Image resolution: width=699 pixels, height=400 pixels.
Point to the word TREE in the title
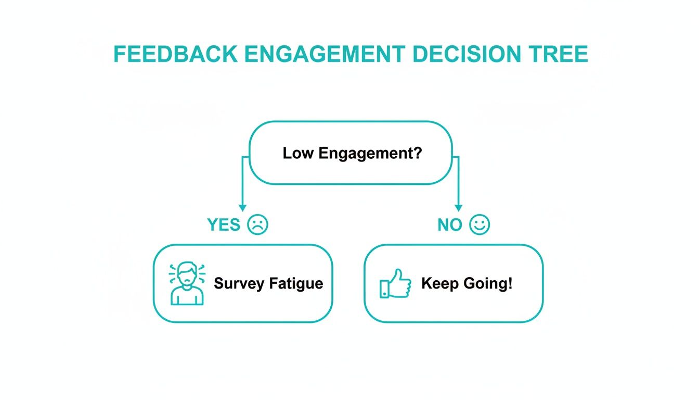pos(559,55)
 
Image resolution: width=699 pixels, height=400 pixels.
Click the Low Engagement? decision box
pos(351,153)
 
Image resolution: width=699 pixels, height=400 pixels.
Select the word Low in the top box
pos(299,153)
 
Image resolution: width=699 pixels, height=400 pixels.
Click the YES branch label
pos(224,225)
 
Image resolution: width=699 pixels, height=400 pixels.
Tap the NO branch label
pos(450,225)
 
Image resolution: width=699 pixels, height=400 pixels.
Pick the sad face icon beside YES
pos(257,224)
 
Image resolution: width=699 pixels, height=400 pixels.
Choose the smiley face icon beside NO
pos(480,224)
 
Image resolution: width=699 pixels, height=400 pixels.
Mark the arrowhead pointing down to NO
pos(458,207)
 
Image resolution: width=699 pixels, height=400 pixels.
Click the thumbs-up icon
pos(395,284)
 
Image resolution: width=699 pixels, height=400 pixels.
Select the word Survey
pos(239,284)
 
